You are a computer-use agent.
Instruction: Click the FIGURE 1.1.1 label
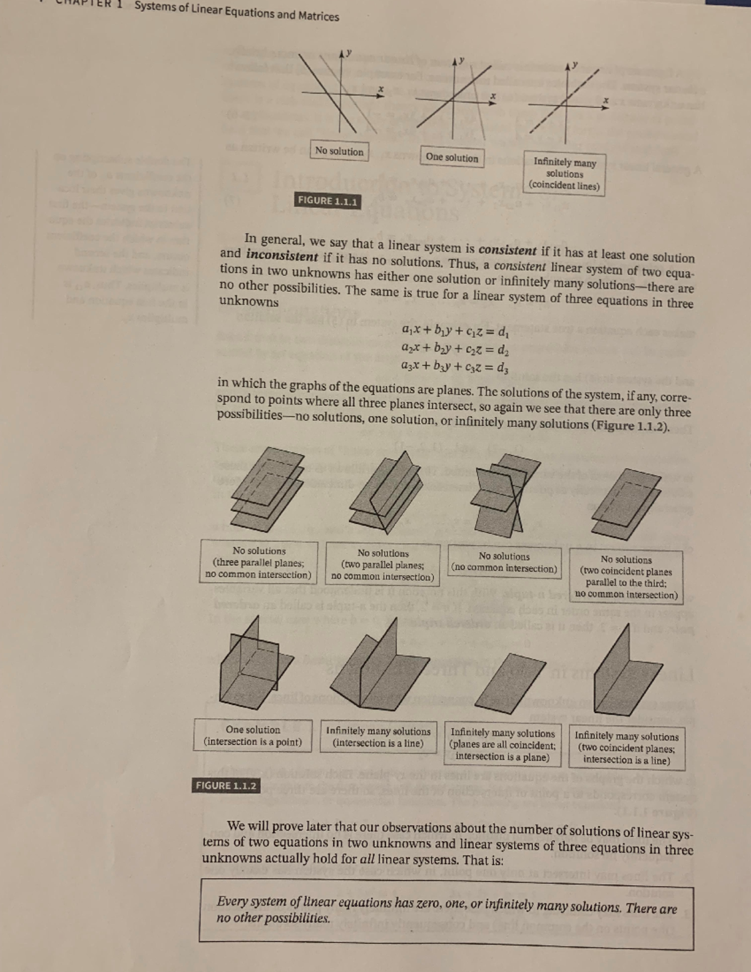click(x=327, y=201)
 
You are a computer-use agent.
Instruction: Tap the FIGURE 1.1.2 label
click(x=225, y=785)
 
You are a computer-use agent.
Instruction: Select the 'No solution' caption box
click(x=339, y=151)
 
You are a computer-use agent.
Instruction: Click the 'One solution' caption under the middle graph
click(x=451, y=157)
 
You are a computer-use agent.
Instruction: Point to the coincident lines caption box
click(x=564, y=174)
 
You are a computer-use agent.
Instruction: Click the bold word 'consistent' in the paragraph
click(x=507, y=250)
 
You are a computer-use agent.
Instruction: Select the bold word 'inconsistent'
click(x=282, y=255)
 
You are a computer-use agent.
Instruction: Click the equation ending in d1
click(x=455, y=330)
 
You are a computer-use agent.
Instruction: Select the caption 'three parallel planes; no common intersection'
click(x=258, y=563)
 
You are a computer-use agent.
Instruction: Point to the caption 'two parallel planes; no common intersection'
click(x=382, y=565)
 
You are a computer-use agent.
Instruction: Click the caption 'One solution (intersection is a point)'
click(x=253, y=736)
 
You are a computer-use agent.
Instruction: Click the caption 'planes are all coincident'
click(x=503, y=745)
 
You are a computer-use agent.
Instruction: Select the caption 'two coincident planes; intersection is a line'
click(x=626, y=749)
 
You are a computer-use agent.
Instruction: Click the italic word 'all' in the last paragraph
click(x=367, y=859)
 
